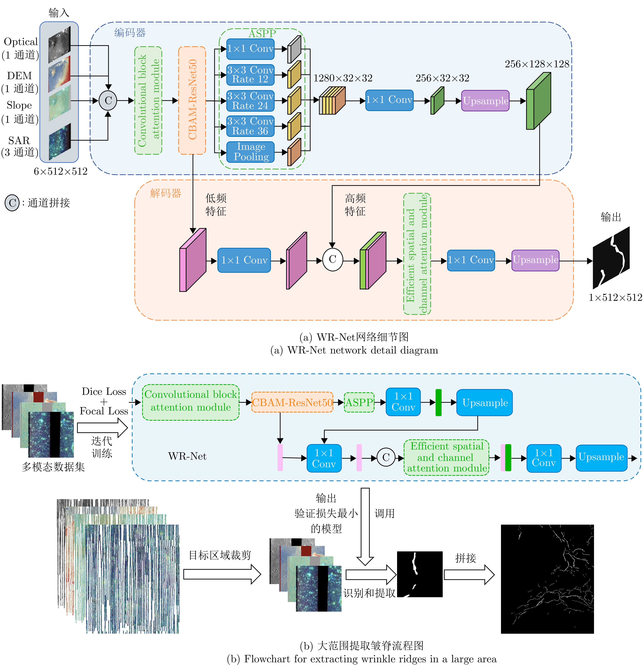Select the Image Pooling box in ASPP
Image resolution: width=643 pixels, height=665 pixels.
[x=250, y=152]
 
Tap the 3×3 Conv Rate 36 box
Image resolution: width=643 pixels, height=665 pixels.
[x=250, y=126]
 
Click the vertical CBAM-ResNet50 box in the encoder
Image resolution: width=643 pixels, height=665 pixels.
[x=192, y=100]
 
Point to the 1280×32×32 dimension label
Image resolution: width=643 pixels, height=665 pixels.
[x=343, y=78]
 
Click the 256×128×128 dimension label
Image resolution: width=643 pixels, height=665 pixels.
[x=537, y=64]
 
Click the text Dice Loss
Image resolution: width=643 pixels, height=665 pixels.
[x=104, y=391]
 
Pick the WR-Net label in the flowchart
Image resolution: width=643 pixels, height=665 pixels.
[x=187, y=456]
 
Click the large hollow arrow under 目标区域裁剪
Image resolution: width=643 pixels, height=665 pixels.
[x=222, y=574]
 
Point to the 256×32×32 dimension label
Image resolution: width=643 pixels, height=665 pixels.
[x=442, y=78]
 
